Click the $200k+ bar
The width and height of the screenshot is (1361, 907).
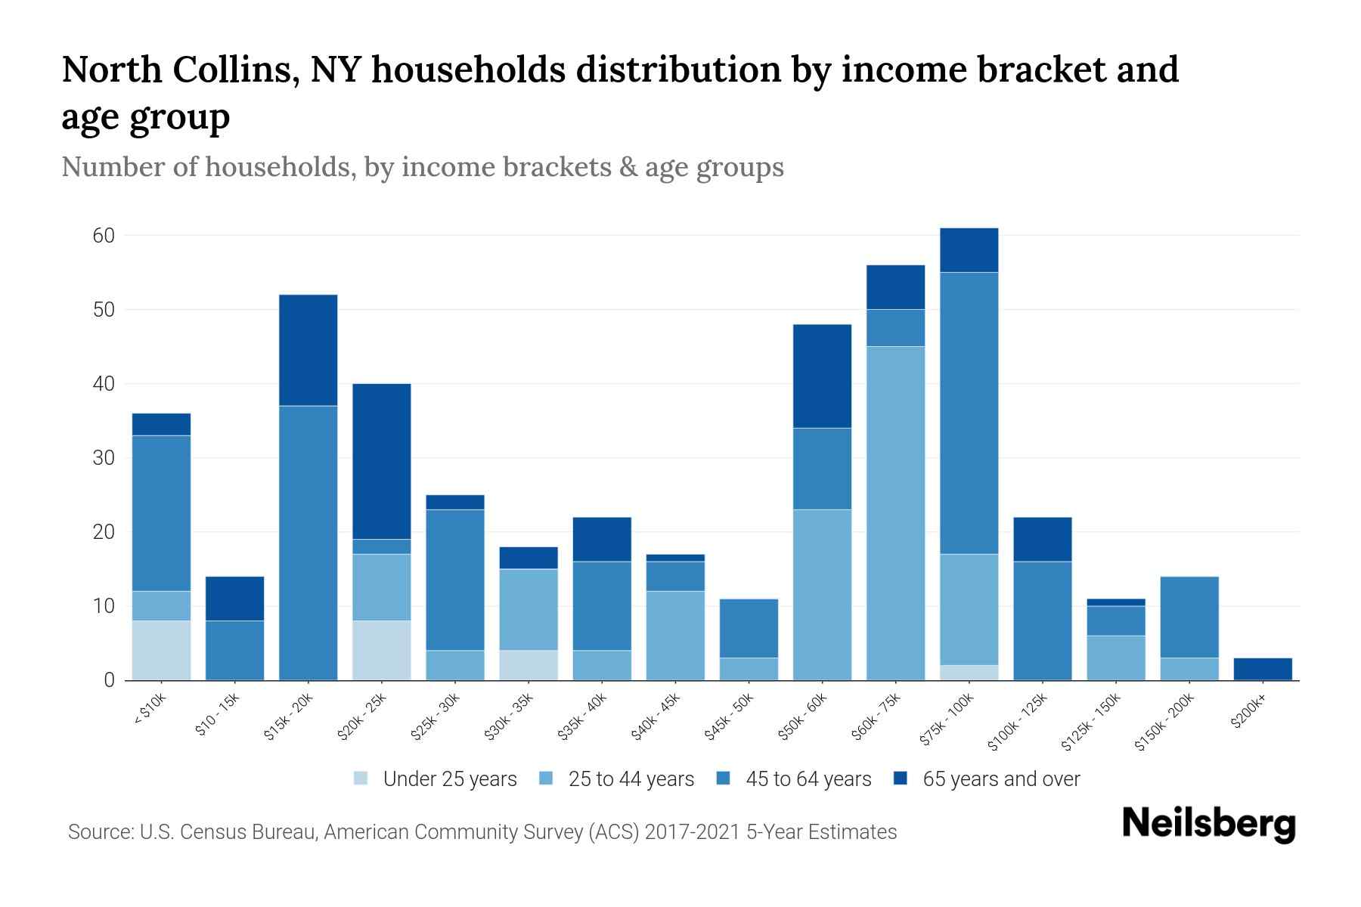click(1262, 669)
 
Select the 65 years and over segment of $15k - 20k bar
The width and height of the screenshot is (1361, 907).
click(308, 350)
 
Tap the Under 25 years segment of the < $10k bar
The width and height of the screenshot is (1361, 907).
click(161, 650)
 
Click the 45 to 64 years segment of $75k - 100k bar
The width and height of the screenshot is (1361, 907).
click(969, 413)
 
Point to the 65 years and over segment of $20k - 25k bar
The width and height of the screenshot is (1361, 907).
click(382, 461)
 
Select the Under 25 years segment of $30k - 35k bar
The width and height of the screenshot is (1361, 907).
click(529, 665)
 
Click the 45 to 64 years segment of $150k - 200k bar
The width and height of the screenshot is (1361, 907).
click(1189, 617)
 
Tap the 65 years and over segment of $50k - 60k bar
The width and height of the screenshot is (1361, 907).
click(822, 376)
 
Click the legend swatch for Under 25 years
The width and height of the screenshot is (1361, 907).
click(361, 779)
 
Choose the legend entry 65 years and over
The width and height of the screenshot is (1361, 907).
click(1000, 779)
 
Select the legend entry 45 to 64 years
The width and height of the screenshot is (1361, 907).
click(808, 779)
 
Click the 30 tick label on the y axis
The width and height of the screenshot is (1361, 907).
click(104, 458)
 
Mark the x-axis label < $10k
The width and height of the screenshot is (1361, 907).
click(150, 710)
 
